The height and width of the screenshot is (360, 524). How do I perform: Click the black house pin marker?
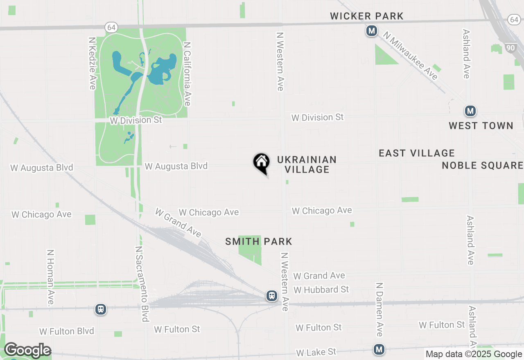[x=261, y=162]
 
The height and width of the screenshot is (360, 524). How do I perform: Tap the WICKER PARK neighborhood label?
[x=367, y=16]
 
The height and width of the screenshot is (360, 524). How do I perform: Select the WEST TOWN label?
[x=481, y=126]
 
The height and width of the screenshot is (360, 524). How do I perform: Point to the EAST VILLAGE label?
[x=417, y=153]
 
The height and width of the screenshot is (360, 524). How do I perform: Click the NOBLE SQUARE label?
[x=483, y=165]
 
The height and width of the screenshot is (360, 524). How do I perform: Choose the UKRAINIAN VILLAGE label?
[x=307, y=164]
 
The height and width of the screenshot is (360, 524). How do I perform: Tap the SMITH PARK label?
[x=259, y=241]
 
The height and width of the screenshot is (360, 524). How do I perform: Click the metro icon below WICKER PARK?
[x=372, y=31]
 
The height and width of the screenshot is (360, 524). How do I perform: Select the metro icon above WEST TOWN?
[x=470, y=111]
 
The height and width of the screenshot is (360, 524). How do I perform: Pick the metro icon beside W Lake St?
[x=379, y=349]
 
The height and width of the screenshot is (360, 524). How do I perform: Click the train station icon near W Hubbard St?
[x=271, y=295]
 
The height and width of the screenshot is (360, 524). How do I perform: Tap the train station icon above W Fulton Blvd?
[x=100, y=309]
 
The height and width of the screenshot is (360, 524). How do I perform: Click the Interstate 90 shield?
[x=510, y=48]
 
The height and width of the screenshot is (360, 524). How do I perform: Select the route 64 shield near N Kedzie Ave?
[x=111, y=27]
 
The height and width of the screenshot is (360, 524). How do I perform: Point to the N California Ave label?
[x=187, y=74]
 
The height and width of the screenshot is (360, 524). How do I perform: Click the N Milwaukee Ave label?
[x=411, y=56]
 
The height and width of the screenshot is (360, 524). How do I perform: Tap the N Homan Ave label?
[x=51, y=278]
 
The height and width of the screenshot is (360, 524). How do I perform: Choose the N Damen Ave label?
[x=379, y=309]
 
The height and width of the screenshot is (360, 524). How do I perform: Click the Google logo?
[x=27, y=351]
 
